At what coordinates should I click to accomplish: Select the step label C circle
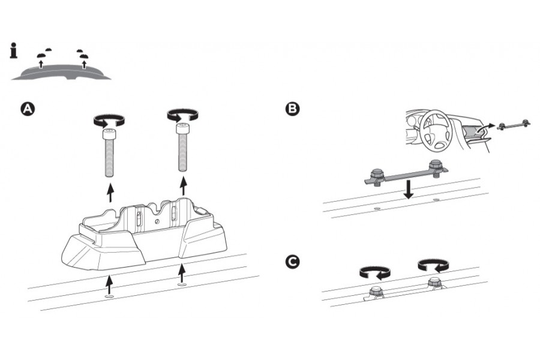tap(293, 262)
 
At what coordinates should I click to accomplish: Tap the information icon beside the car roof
tap(14, 50)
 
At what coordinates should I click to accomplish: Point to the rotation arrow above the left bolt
tap(109, 119)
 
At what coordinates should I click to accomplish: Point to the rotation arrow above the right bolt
tap(182, 114)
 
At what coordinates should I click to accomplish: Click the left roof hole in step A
tap(109, 296)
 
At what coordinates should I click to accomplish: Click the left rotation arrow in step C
tap(374, 272)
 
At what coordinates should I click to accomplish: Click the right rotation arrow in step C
tap(433, 265)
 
